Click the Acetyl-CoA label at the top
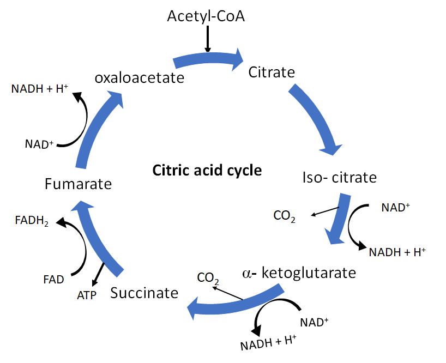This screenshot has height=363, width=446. [206, 17]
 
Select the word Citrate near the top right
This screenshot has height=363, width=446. [272, 72]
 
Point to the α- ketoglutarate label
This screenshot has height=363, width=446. [299, 272]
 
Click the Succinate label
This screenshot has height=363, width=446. [144, 293]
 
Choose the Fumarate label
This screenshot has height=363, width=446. [78, 184]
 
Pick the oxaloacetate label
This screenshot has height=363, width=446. [139, 78]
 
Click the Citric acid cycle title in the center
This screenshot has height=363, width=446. [207, 171]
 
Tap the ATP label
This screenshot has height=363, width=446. [87, 296]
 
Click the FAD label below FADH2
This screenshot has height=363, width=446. [54, 280]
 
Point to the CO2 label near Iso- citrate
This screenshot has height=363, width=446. [284, 216]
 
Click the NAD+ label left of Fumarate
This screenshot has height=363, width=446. [39, 144]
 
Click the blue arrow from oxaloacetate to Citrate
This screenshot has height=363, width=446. [207, 58]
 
